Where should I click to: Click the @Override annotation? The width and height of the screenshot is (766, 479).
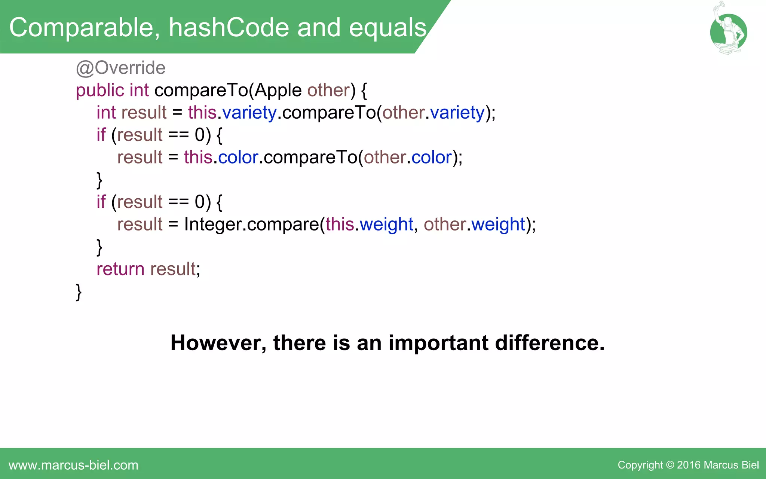pyautogui.click(x=120, y=68)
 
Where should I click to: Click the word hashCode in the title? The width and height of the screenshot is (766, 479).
pyautogui.click(x=229, y=28)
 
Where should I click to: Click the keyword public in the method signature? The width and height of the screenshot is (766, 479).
pyautogui.click(x=100, y=91)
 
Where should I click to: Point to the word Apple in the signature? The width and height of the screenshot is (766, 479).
pyautogui.click(x=278, y=91)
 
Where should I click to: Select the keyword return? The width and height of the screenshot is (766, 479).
pyautogui.click(x=120, y=269)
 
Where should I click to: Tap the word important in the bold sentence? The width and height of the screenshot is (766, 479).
pyautogui.click(x=438, y=343)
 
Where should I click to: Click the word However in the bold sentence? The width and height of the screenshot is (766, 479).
pyautogui.click(x=218, y=343)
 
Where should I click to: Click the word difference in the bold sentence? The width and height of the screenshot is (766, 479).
pyautogui.click(x=549, y=343)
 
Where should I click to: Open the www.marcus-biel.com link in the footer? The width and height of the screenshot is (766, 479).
pyautogui.click(x=73, y=465)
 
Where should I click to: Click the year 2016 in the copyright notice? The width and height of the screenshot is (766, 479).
pyautogui.click(x=689, y=465)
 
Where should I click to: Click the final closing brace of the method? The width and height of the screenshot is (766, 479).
pyautogui.click(x=79, y=292)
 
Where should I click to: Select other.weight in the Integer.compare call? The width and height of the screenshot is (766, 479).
pyautogui.click(x=474, y=225)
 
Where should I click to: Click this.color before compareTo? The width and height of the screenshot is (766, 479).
pyautogui.click(x=221, y=158)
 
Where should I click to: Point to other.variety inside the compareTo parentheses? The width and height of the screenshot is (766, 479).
pyautogui.click(x=433, y=113)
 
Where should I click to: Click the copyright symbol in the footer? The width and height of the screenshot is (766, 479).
pyautogui.click(x=670, y=465)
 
